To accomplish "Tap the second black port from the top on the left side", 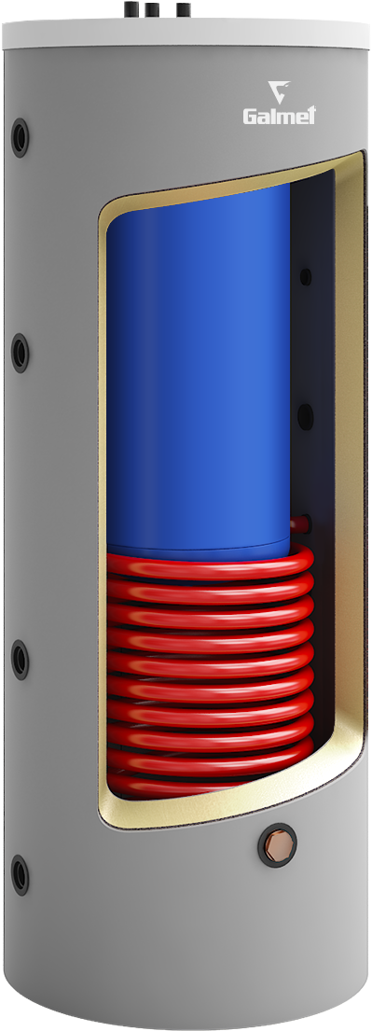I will pos(20,352).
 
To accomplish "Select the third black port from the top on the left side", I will pos(20,659).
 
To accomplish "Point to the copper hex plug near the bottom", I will pos(280,848).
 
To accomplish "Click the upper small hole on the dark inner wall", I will pos(304,276).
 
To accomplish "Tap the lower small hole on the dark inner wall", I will pos(304,413).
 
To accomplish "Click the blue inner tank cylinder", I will pos(196,373).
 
